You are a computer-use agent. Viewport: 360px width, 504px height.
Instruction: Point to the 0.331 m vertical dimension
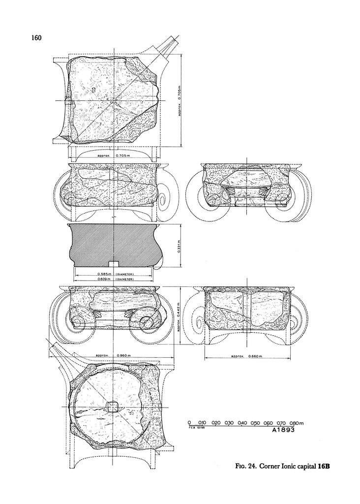[179, 245]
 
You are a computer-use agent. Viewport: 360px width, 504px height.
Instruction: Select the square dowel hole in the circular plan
[113, 407]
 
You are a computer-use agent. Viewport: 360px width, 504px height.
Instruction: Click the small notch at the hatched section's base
[114, 263]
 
